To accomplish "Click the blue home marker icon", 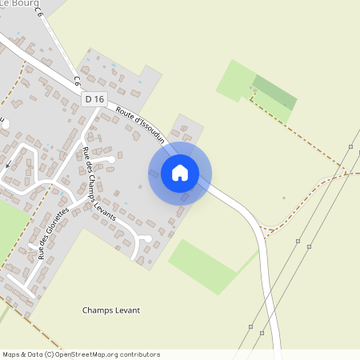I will [180, 173].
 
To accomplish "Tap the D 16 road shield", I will [94, 99].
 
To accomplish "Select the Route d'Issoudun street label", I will [140, 125].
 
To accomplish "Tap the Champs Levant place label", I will [111, 310].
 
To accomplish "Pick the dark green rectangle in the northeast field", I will [275, 92].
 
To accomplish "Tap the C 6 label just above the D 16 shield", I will [78, 81].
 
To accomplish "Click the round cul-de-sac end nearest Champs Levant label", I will [147, 238].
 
